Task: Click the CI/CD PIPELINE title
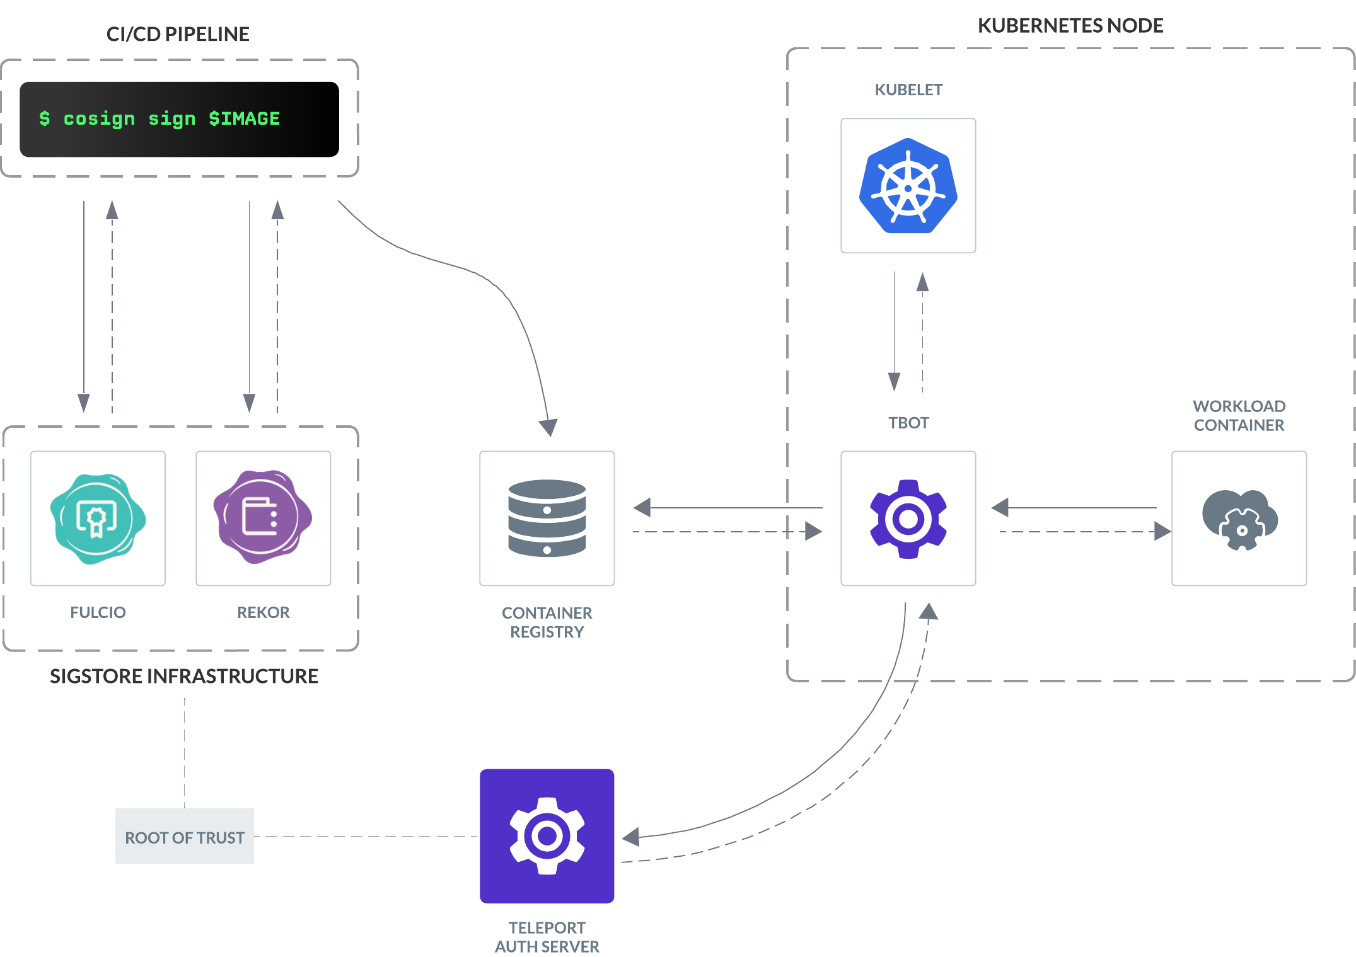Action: tap(178, 34)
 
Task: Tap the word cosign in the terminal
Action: tap(99, 119)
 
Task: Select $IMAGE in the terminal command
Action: tap(244, 118)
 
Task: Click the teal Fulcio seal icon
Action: tap(98, 518)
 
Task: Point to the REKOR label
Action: tap(263, 612)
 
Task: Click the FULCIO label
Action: tap(98, 612)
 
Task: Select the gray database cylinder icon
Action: tap(547, 518)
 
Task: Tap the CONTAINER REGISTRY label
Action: tap(547, 622)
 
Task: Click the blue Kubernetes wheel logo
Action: tap(908, 186)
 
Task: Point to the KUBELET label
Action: tap(908, 90)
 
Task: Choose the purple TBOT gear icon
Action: tap(908, 519)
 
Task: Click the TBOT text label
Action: tap(908, 423)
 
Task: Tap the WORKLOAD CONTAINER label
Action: tap(1239, 416)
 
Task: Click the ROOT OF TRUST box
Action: tap(184, 837)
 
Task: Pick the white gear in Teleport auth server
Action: tap(547, 836)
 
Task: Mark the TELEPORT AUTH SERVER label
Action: tap(547, 937)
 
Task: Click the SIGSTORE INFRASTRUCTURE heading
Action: tap(183, 676)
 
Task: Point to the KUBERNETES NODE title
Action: tap(1070, 26)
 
